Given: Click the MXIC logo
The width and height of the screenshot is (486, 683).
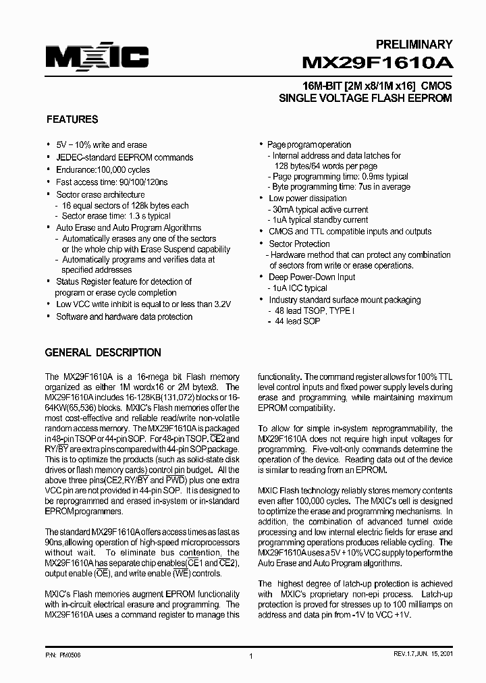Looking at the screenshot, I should (x=97, y=57).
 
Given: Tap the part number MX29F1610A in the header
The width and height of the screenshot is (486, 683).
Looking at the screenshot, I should (x=377, y=63).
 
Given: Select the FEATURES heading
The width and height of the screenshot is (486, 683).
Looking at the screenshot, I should (x=72, y=119).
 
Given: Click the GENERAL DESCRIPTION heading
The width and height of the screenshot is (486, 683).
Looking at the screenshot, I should (x=103, y=352).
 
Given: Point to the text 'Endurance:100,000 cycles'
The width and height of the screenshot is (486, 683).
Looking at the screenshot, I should (x=103, y=169).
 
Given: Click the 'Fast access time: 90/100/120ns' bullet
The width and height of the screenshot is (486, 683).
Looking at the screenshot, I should (x=112, y=182).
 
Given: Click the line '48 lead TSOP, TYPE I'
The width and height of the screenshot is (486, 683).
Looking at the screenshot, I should (x=314, y=310).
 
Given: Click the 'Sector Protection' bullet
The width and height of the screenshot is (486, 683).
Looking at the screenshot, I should (x=299, y=244).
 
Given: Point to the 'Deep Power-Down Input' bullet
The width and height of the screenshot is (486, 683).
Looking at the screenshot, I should (x=312, y=277).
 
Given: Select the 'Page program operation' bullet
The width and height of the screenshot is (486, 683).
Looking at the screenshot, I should (x=309, y=144).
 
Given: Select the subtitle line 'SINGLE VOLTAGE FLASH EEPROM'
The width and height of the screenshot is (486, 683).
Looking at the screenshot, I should (x=365, y=98).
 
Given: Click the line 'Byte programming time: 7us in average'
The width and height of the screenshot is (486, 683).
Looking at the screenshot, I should (x=341, y=187).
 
